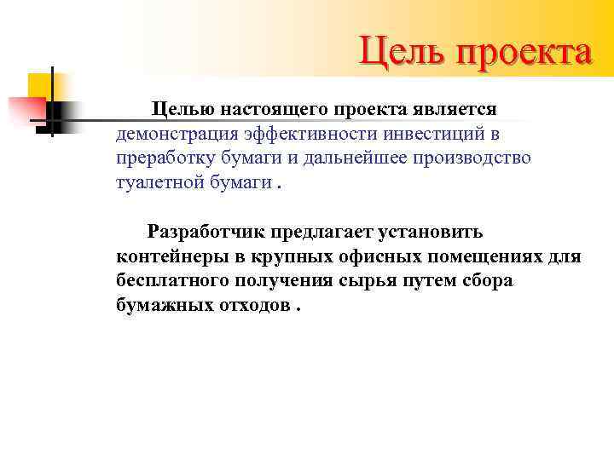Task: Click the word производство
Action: pyautogui.click(x=478, y=158)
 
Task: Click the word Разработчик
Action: pyautogui.click(x=206, y=232)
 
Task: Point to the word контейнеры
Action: pyautogui.click(x=167, y=256)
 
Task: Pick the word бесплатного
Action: pyautogui.click(x=168, y=281)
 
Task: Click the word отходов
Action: pyautogui.click(x=255, y=306)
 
